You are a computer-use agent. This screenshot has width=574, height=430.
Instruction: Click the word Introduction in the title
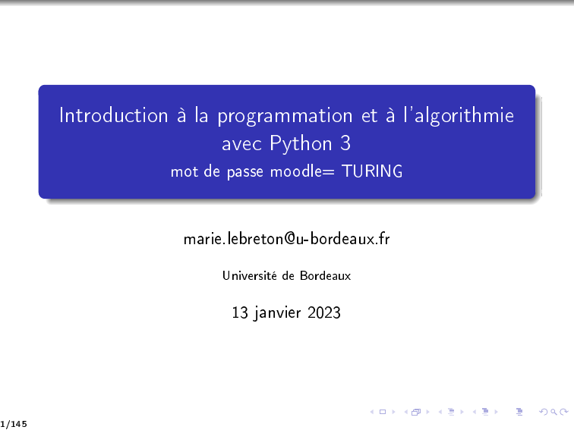tap(113, 115)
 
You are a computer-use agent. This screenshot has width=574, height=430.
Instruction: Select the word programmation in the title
tap(285, 117)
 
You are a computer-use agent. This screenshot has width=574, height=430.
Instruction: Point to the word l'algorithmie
tap(459, 116)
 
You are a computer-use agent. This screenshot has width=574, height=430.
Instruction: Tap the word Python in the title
tap(301, 143)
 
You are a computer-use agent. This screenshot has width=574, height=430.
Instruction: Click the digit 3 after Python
tap(345, 143)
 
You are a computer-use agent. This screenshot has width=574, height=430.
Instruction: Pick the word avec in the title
tap(241, 145)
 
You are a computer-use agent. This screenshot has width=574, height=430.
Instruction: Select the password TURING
tap(372, 171)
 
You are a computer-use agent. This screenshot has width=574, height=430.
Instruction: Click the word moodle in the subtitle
tap(296, 171)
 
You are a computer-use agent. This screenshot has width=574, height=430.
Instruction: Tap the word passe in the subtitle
tap(245, 173)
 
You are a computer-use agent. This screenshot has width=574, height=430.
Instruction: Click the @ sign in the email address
tap(289, 239)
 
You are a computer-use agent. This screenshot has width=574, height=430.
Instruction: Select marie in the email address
tap(203, 239)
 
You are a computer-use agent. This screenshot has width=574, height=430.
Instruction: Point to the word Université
tap(250, 275)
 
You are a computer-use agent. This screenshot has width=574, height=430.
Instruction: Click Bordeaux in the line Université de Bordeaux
tap(325, 275)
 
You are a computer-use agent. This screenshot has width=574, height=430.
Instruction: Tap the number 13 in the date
tap(240, 312)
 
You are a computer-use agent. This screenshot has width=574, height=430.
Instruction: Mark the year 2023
tap(324, 312)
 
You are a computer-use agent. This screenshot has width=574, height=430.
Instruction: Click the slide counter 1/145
tap(14, 424)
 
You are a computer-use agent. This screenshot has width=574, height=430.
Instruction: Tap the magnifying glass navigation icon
tap(553, 412)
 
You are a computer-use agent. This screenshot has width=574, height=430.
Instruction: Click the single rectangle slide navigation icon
tap(383, 412)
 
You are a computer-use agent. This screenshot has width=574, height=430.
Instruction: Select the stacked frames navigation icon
tap(416, 412)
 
